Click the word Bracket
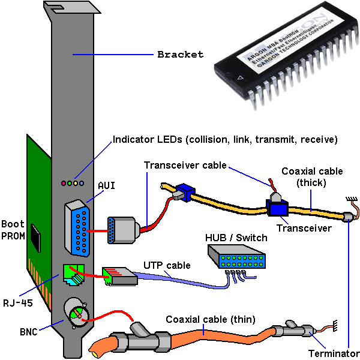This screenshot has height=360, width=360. (180, 55)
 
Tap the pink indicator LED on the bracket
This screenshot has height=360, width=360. (63, 182)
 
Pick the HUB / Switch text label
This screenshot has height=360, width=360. (234, 238)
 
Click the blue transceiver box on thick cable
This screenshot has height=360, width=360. (277, 209)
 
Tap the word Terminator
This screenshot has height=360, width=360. (334, 353)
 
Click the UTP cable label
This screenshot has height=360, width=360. (166, 265)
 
